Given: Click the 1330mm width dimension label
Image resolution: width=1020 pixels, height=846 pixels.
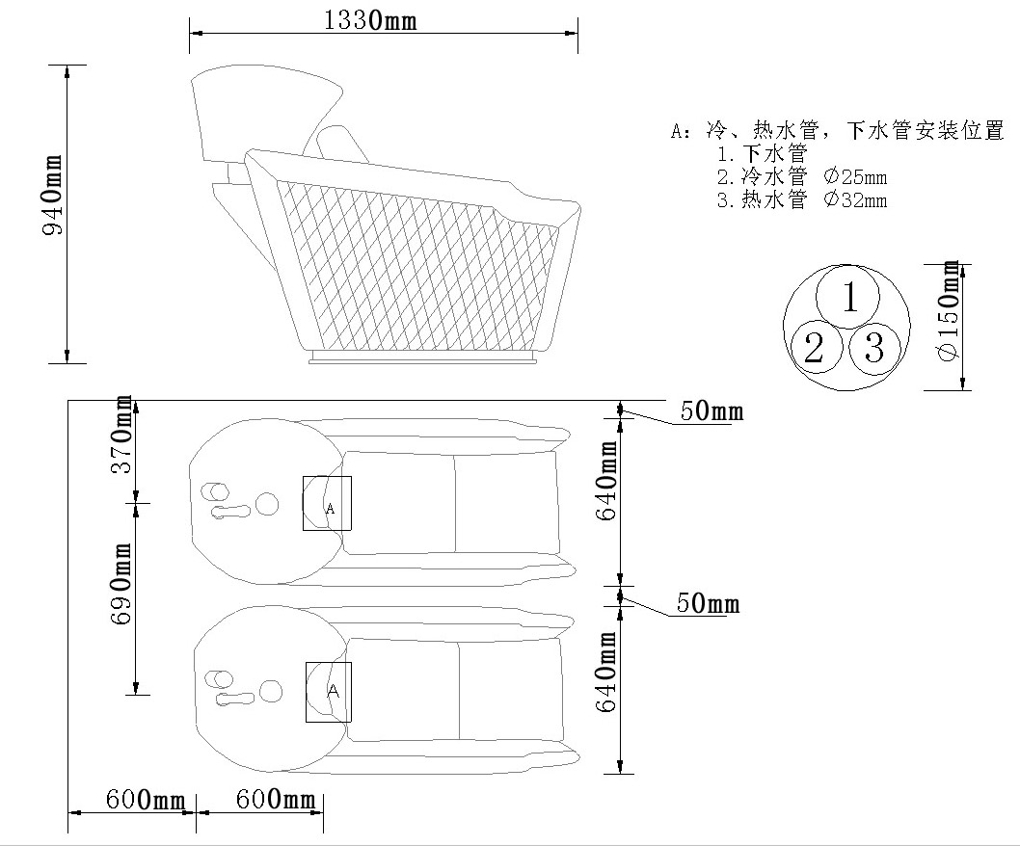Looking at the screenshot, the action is pyautogui.click(x=369, y=20).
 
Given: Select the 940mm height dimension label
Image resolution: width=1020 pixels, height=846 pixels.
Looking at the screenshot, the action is pyautogui.click(x=52, y=195).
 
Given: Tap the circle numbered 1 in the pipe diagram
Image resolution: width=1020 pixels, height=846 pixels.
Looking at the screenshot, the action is pyautogui.click(x=847, y=297).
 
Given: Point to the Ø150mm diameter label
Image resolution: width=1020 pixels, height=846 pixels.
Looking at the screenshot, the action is pyautogui.click(x=949, y=309).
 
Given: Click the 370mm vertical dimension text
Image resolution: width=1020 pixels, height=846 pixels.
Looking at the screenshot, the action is pyautogui.click(x=121, y=434).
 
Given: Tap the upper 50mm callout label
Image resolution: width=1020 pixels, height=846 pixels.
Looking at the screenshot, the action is pyautogui.click(x=711, y=411).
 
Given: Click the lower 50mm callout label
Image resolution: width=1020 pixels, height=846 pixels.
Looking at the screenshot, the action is pyautogui.click(x=708, y=603).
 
